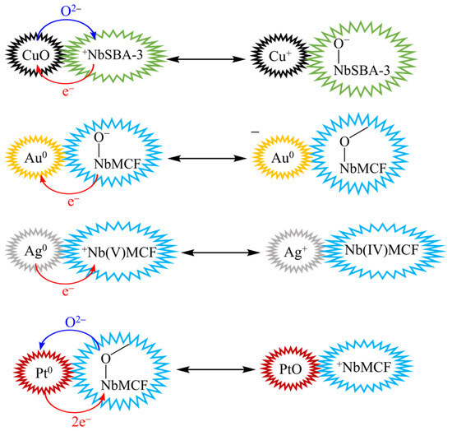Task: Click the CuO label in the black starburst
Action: (x=35, y=55)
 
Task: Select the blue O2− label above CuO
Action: (x=71, y=12)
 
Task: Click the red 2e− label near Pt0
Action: (x=81, y=422)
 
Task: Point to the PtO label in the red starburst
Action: (x=291, y=369)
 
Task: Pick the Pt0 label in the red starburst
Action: (x=44, y=373)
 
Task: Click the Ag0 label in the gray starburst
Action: (x=35, y=252)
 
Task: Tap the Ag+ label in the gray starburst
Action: (x=296, y=253)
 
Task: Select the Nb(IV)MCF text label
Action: (x=381, y=250)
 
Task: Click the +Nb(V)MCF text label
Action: (x=119, y=253)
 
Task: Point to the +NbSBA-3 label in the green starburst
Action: (x=112, y=55)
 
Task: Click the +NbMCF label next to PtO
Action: (x=364, y=367)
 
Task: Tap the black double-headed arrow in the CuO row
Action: (x=206, y=59)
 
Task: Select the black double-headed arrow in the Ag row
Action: (x=220, y=253)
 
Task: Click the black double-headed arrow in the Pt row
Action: (x=216, y=369)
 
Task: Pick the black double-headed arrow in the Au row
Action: (x=207, y=159)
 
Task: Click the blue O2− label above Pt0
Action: (x=76, y=322)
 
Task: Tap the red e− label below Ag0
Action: (x=68, y=292)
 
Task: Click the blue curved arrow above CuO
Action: (x=67, y=20)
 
